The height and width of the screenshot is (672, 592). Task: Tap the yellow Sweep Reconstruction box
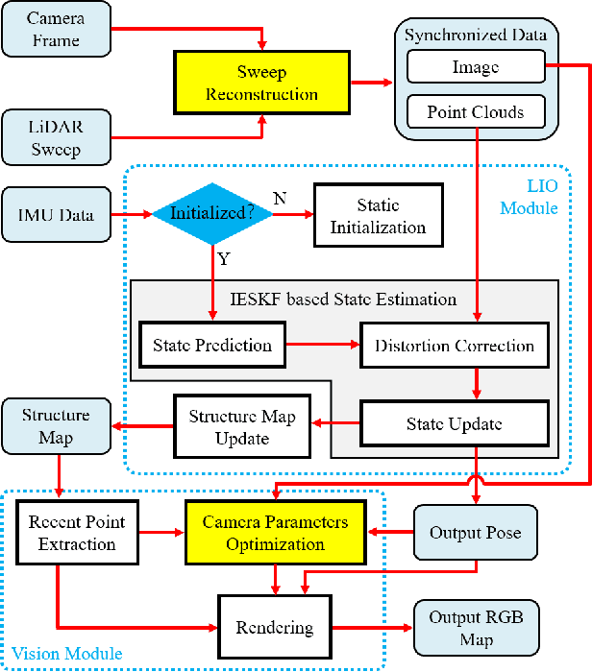[262, 84]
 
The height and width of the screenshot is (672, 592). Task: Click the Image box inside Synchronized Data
[475, 67]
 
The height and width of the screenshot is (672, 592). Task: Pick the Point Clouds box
[475, 113]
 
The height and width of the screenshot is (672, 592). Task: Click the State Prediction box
[212, 345]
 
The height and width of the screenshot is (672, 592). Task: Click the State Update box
[454, 422]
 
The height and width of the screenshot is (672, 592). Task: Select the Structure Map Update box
[241, 427]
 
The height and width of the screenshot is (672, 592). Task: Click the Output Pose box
[477, 533]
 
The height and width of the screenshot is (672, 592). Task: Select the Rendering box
[274, 628]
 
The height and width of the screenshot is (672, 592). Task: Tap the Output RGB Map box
[477, 628]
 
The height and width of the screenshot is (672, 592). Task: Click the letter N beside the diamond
[280, 199]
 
